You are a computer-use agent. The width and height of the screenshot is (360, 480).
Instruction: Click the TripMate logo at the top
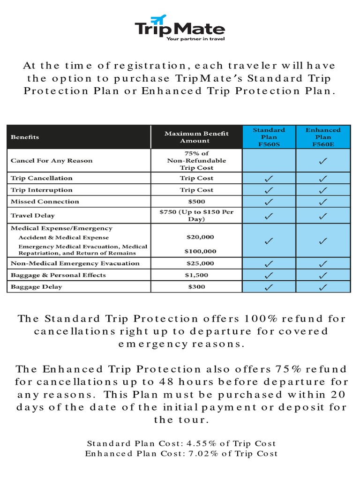point(180,27)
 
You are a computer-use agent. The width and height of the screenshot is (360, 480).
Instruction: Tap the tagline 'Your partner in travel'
point(195,39)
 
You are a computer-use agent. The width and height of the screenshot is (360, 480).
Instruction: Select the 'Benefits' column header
point(25,137)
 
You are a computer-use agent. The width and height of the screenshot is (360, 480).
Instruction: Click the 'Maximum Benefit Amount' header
point(196,137)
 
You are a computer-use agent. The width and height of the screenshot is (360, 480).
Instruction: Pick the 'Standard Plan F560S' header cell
point(269,137)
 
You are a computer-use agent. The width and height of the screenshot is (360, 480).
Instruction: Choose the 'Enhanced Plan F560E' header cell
point(323,137)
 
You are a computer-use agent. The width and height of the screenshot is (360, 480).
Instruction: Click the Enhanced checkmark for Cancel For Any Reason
point(323,161)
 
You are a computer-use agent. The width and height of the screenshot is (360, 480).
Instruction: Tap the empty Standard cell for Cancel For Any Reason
point(269,161)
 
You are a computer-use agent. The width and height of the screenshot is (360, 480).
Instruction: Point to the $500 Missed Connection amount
point(196,202)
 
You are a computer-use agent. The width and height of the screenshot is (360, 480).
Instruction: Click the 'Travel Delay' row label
point(32,216)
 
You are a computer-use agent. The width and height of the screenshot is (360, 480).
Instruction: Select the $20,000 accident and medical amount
point(196,237)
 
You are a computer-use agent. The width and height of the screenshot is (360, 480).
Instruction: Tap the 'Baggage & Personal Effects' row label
point(58,275)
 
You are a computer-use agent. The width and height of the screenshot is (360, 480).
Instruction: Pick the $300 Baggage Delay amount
point(196,287)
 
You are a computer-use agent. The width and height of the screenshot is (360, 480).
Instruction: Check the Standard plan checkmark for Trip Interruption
point(269,190)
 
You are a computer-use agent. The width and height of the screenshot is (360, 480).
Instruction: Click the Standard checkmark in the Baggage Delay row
point(269,287)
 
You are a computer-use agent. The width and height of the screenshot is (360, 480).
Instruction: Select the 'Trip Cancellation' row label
point(42,178)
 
